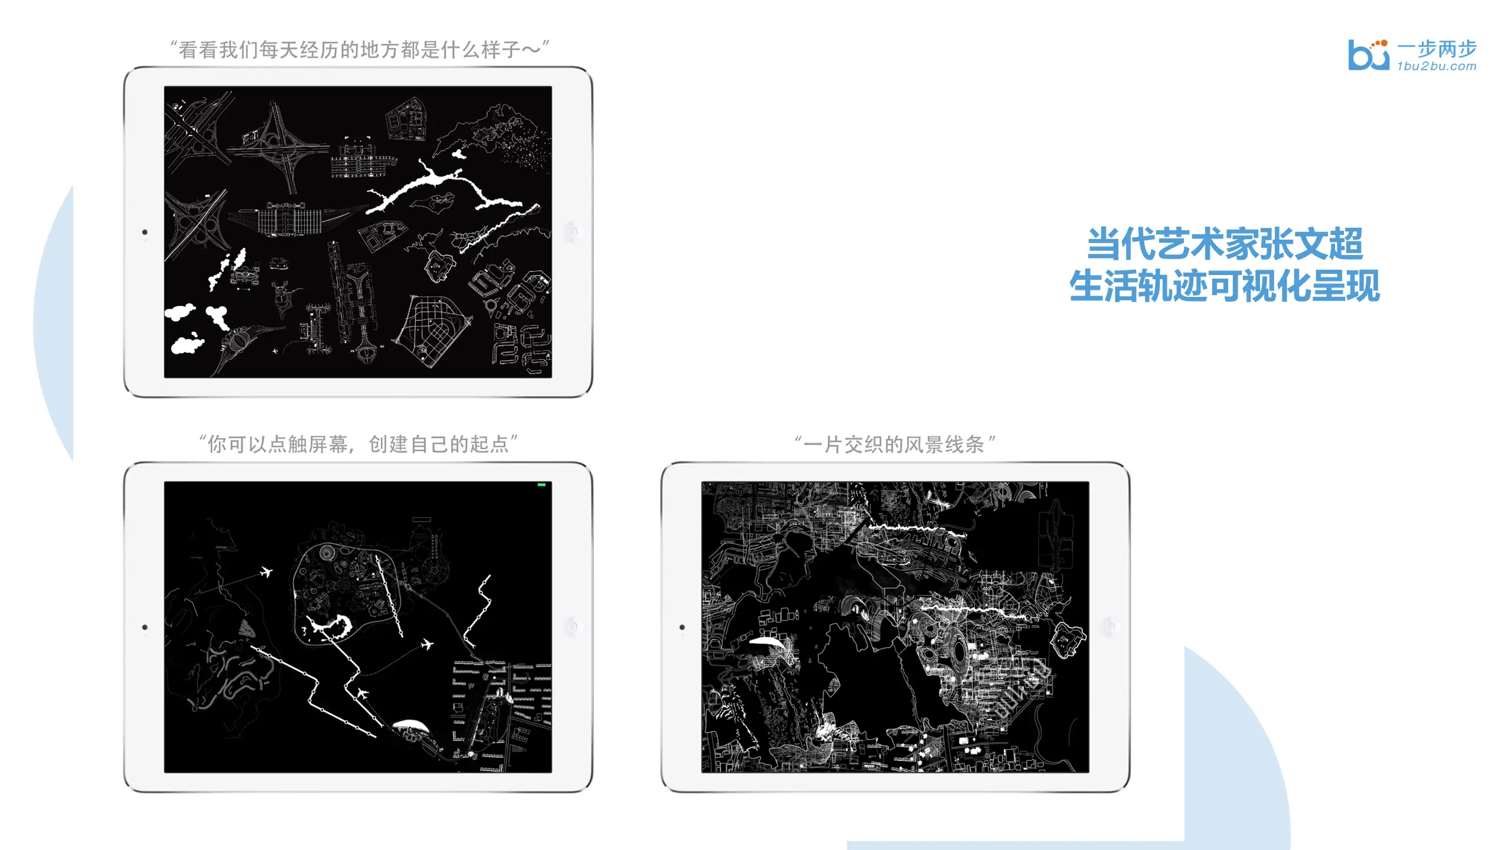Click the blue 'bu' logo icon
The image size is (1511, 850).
point(1368,55)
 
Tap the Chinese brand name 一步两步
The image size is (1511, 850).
point(1437,48)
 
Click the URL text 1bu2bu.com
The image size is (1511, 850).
point(1437,66)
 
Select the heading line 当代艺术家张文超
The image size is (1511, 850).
point(1225,243)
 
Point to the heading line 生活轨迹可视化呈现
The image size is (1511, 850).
point(1225,286)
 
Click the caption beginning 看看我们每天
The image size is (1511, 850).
point(360,49)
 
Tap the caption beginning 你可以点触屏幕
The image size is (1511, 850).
point(358,444)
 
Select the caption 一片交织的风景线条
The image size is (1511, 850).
point(895,444)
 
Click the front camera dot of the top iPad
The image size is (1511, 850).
point(145,232)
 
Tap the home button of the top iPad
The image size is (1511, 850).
point(572,231)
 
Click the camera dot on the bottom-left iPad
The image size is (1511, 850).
point(145,627)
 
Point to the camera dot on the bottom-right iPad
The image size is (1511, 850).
point(682,627)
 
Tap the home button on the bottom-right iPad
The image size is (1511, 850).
point(1109,626)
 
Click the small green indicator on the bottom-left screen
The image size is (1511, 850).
point(541,485)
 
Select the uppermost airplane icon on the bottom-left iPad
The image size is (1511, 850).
point(266,572)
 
